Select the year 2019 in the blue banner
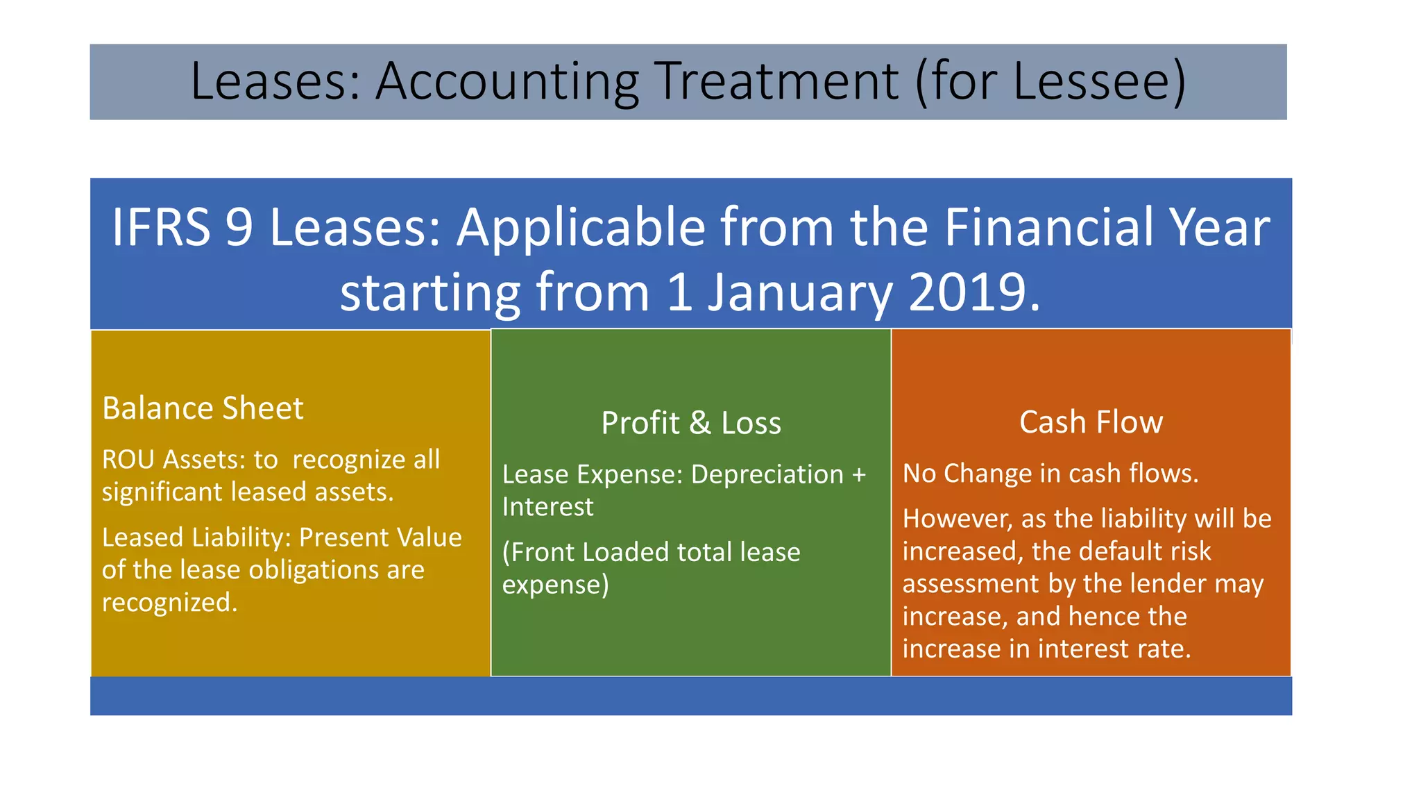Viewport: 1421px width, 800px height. tap(966, 292)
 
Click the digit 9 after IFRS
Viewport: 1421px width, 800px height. tap(239, 227)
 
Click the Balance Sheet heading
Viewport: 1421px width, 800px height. tap(203, 408)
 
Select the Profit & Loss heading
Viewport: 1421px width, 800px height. tap(691, 423)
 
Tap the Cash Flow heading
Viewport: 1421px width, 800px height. tap(1091, 422)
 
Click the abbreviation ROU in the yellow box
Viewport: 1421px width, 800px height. tap(128, 460)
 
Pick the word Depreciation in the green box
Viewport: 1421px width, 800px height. tap(767, 474)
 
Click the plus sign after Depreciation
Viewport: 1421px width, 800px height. tap(859, 475)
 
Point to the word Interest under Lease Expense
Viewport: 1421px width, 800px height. tap(547, 507)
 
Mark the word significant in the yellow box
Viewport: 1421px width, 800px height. tap(162, 492)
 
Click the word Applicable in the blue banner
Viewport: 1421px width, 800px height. tap(581, 227)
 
